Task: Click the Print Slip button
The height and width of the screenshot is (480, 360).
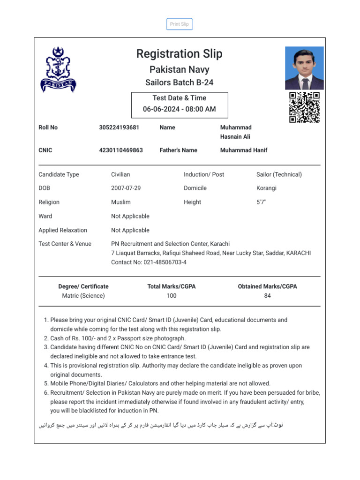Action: (179, 24)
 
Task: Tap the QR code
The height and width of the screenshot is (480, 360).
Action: (304, 107)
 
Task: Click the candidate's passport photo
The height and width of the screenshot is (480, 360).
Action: (304, 68)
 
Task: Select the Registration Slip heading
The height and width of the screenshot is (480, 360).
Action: (179, 54)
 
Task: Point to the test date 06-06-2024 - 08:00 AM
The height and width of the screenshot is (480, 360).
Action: (179, 109)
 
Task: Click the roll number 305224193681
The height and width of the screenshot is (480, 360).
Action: (119, 127)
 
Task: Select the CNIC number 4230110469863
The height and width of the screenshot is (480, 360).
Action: (121, 150)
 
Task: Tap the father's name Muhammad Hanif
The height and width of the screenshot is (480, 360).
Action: (244, 150)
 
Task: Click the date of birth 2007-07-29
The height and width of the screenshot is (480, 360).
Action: (126, 188)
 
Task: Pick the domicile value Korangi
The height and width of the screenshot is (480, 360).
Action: (266, 188)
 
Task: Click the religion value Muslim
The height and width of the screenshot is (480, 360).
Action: (121, 202)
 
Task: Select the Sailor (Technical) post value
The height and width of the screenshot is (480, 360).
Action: (279, 174)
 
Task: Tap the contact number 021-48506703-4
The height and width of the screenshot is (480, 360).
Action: (162, 262)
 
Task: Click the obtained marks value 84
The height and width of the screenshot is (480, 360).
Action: (267, 296)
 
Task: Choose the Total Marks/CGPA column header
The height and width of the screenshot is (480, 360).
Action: (172, 286)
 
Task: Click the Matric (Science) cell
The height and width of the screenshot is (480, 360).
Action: (83, 296)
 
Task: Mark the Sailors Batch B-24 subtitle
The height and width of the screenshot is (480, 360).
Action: (179, 82)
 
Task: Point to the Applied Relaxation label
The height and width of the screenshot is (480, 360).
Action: (63, 230)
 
